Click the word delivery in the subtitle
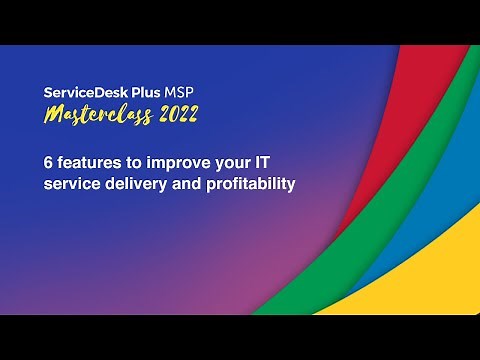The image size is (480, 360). tap(134, 184)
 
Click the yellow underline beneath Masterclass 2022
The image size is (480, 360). tap(120, 127)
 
